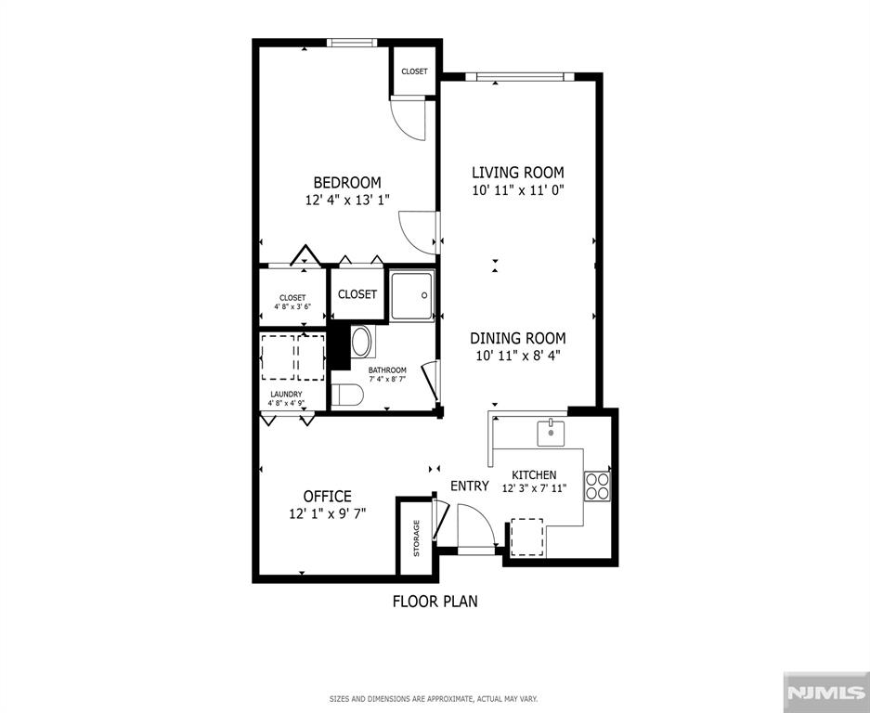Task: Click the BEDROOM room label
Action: click(347, 183)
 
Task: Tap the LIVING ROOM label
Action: click(518, 172)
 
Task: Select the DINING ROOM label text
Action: click(518, 338)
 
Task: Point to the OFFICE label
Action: click(328, 496)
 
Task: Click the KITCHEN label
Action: click(534, 475)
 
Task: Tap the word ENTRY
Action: click(470, 486)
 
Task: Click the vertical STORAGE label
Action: click(416, 538)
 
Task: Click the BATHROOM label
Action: click(387, 370)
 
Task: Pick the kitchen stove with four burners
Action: click(597, 486)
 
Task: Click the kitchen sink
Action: click(551, 433)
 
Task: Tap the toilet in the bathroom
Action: click(347, 395)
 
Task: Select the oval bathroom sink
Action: click(361, 342)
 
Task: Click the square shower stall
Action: click(411, 296)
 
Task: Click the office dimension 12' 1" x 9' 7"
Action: click(328, 513)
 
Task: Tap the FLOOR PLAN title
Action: click(435, 601)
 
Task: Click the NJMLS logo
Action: click(826, 692)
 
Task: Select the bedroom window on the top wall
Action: click(352, 43)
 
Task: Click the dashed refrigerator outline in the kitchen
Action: click(526, 538)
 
